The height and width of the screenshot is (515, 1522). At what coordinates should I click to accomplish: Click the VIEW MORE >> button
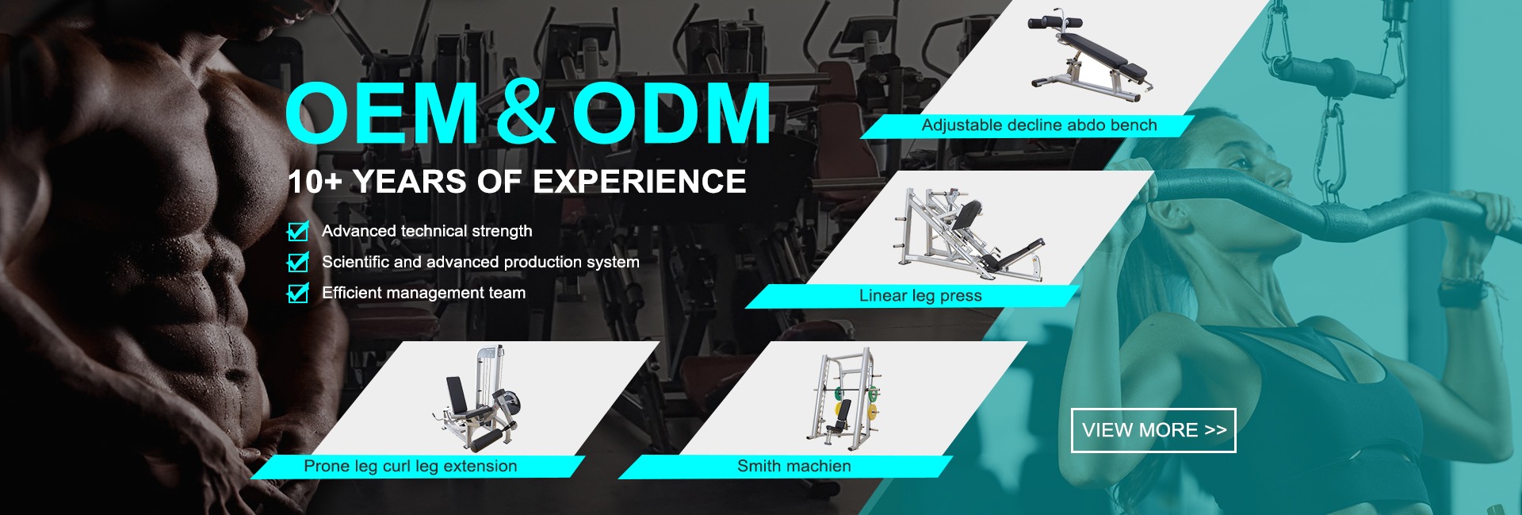[1153, 430]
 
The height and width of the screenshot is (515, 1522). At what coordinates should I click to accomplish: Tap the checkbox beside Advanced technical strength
[298, 231]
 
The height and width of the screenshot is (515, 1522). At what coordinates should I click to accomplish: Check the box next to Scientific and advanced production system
[298, 262]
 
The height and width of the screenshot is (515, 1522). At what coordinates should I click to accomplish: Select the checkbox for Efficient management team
[298, 293]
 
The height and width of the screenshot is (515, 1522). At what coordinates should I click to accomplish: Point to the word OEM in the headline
[382, 113]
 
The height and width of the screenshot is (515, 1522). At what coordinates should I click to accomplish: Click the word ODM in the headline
[671, 113]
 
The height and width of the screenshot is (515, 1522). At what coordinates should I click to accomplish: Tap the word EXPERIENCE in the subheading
[639, 182]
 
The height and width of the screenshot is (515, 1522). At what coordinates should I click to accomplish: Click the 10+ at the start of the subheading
[315, 182]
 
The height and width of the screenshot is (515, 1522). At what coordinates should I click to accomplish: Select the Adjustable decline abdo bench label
[1039, 125]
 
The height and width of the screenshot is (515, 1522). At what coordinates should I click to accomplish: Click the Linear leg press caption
[920, 295]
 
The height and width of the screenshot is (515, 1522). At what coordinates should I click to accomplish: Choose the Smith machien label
[794, 466]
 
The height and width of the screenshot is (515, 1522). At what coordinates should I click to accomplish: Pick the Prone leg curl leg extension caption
[410, 466]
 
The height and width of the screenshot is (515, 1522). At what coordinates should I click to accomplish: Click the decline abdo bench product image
[1090, 57]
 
